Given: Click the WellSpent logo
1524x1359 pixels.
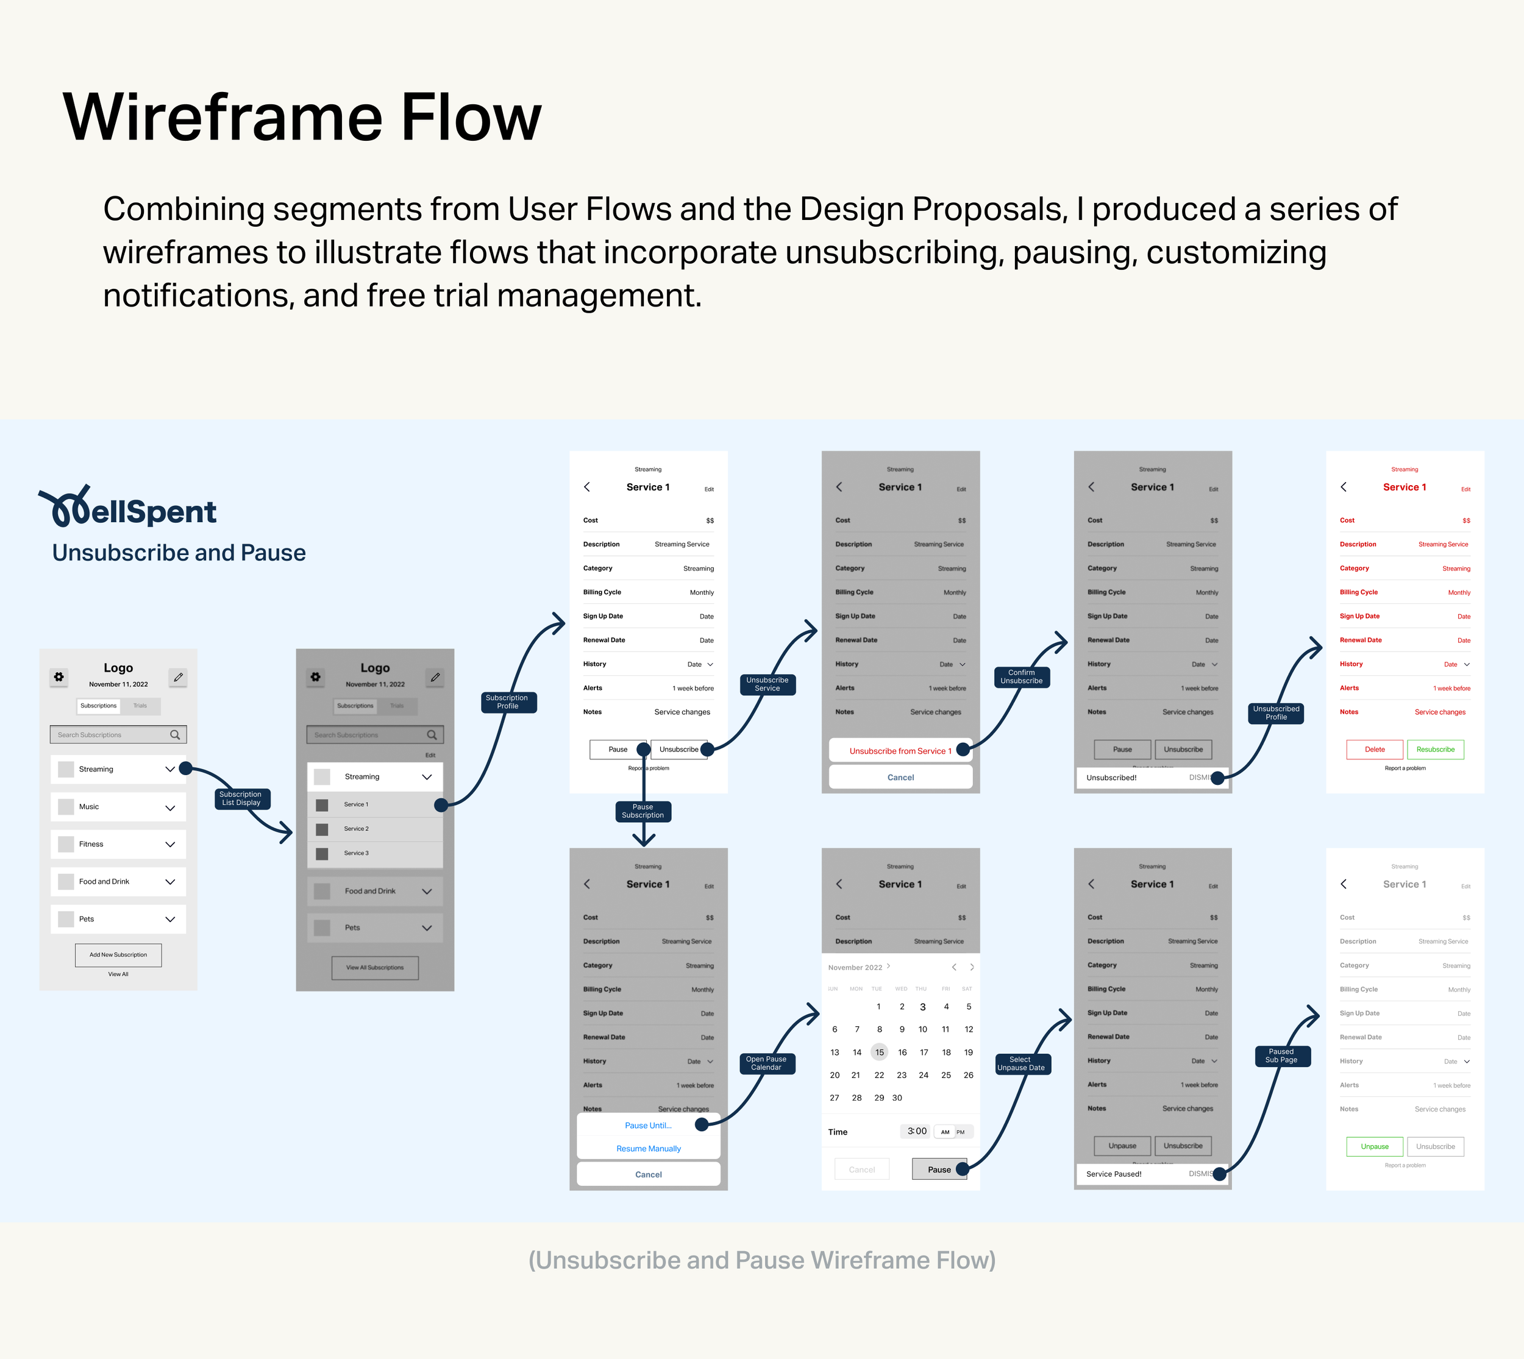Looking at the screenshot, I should click(127, 508).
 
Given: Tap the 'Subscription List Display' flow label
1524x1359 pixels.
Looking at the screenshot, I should click(241, 798).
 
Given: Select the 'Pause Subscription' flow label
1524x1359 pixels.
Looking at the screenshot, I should click(643, 811).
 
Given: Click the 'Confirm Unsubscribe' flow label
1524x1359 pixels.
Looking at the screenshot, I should click(1021, 676).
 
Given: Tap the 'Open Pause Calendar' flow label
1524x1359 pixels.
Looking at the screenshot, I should click(766, 1063).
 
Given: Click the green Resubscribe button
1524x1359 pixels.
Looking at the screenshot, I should click(1435, 749).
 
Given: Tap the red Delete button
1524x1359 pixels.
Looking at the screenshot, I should click(1375, 749).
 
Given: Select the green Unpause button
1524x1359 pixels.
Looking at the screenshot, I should click(1375, 1146).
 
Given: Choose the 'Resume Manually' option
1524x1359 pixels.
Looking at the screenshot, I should click(649, 1148).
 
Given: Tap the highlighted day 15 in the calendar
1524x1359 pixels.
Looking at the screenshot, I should click(879, 1052).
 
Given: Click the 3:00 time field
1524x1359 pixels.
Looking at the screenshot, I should click(917, 1131).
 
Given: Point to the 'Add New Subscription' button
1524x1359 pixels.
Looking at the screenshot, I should click(118, 954).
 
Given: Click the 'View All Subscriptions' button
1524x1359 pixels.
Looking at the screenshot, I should click(375, 967).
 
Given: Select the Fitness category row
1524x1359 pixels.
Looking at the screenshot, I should click(118, 844).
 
